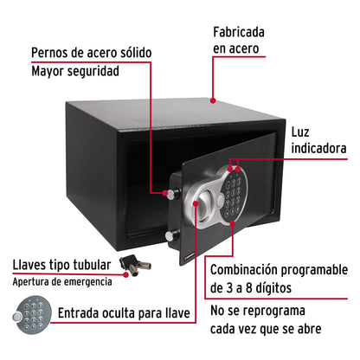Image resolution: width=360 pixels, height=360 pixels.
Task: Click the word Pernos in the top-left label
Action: (53, 53)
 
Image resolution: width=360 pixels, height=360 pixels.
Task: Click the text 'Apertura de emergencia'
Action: (63, 281)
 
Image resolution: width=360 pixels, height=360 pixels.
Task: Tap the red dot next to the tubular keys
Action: (127, 274)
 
